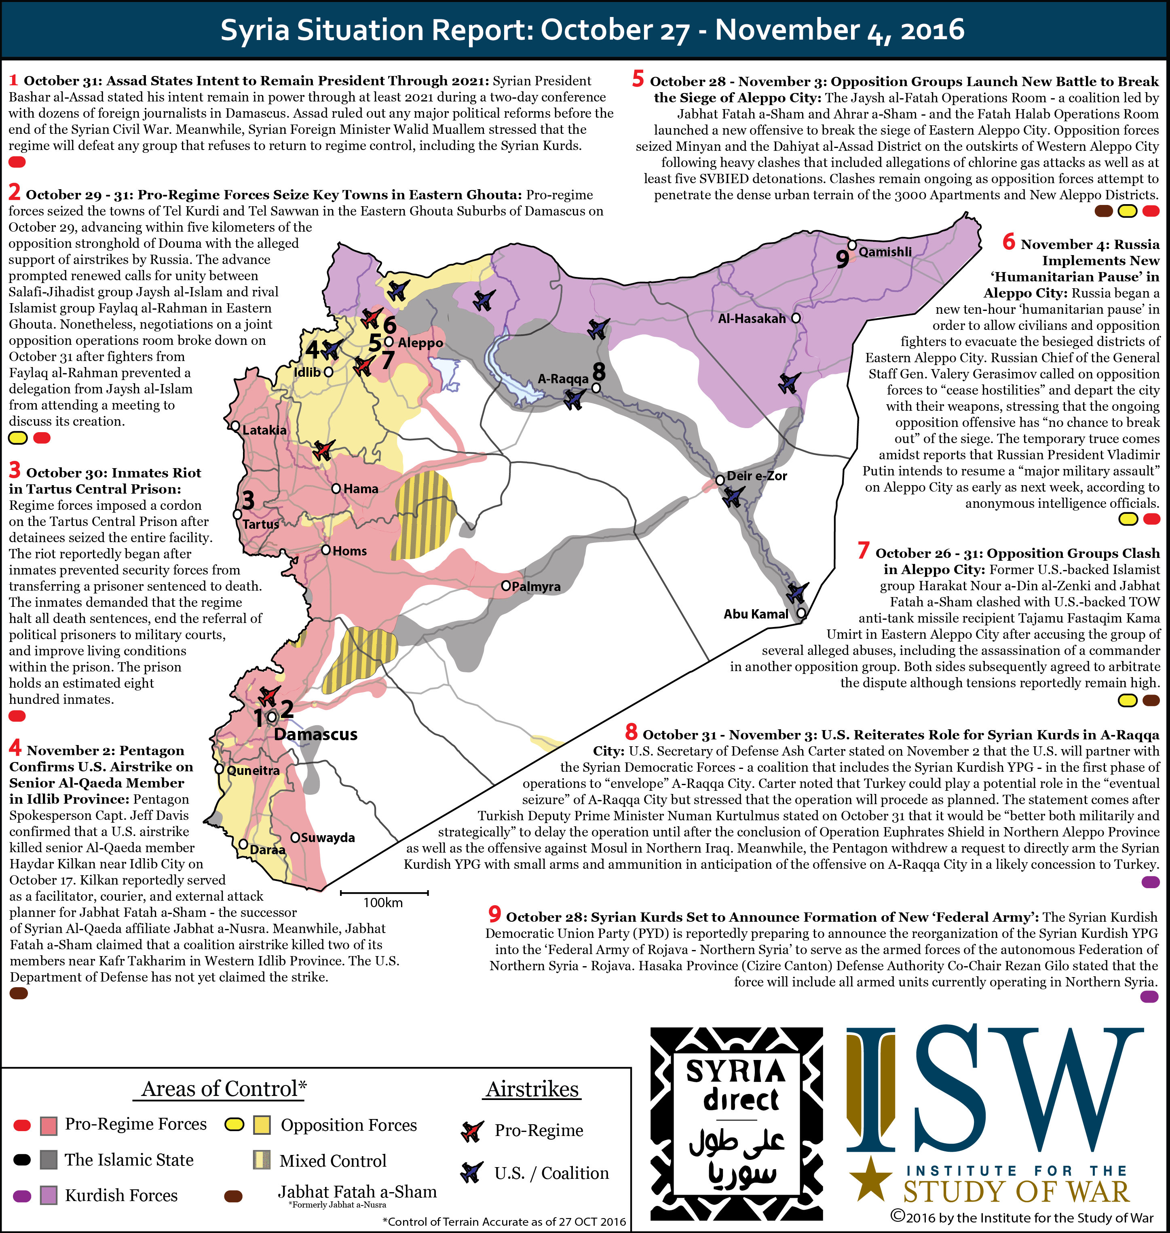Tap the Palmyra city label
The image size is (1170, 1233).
click(x=535, y=587)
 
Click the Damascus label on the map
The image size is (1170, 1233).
click(x=316, y=735)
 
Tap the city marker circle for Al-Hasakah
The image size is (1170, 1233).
click(x=795, y=318)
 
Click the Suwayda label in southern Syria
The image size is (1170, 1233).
click(x=327, y=838)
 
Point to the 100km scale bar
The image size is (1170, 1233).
click(x=384, y=893)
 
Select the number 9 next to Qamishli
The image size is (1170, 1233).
click(x=842, y=258)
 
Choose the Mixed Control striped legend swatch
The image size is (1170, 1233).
click(x=261, y=1160)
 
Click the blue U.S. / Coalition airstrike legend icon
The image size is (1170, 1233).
click(x=471, y=1172)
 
